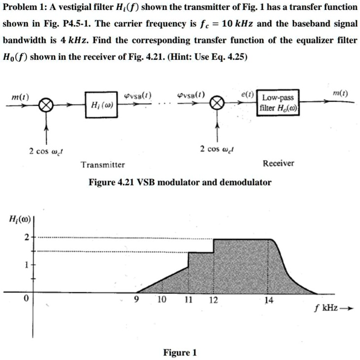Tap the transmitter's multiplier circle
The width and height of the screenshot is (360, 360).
coord(46,105)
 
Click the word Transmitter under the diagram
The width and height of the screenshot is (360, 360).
coord(103,165)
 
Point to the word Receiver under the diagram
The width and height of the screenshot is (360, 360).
coord(279,163)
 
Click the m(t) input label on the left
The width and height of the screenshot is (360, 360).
coord(20,98)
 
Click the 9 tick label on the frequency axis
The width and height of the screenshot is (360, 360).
coord(137,300)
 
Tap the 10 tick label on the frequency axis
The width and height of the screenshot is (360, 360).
coord(162,300)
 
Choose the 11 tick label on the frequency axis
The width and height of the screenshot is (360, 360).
coord(188,300)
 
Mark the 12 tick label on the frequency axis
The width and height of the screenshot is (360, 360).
coord(213,300)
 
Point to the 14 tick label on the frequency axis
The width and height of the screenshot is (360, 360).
coord(268,300)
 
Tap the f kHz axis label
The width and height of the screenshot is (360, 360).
coord(326,308)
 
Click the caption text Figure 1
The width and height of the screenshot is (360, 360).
coord(180,353)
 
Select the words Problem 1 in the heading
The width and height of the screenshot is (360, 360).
coord(22,7)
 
